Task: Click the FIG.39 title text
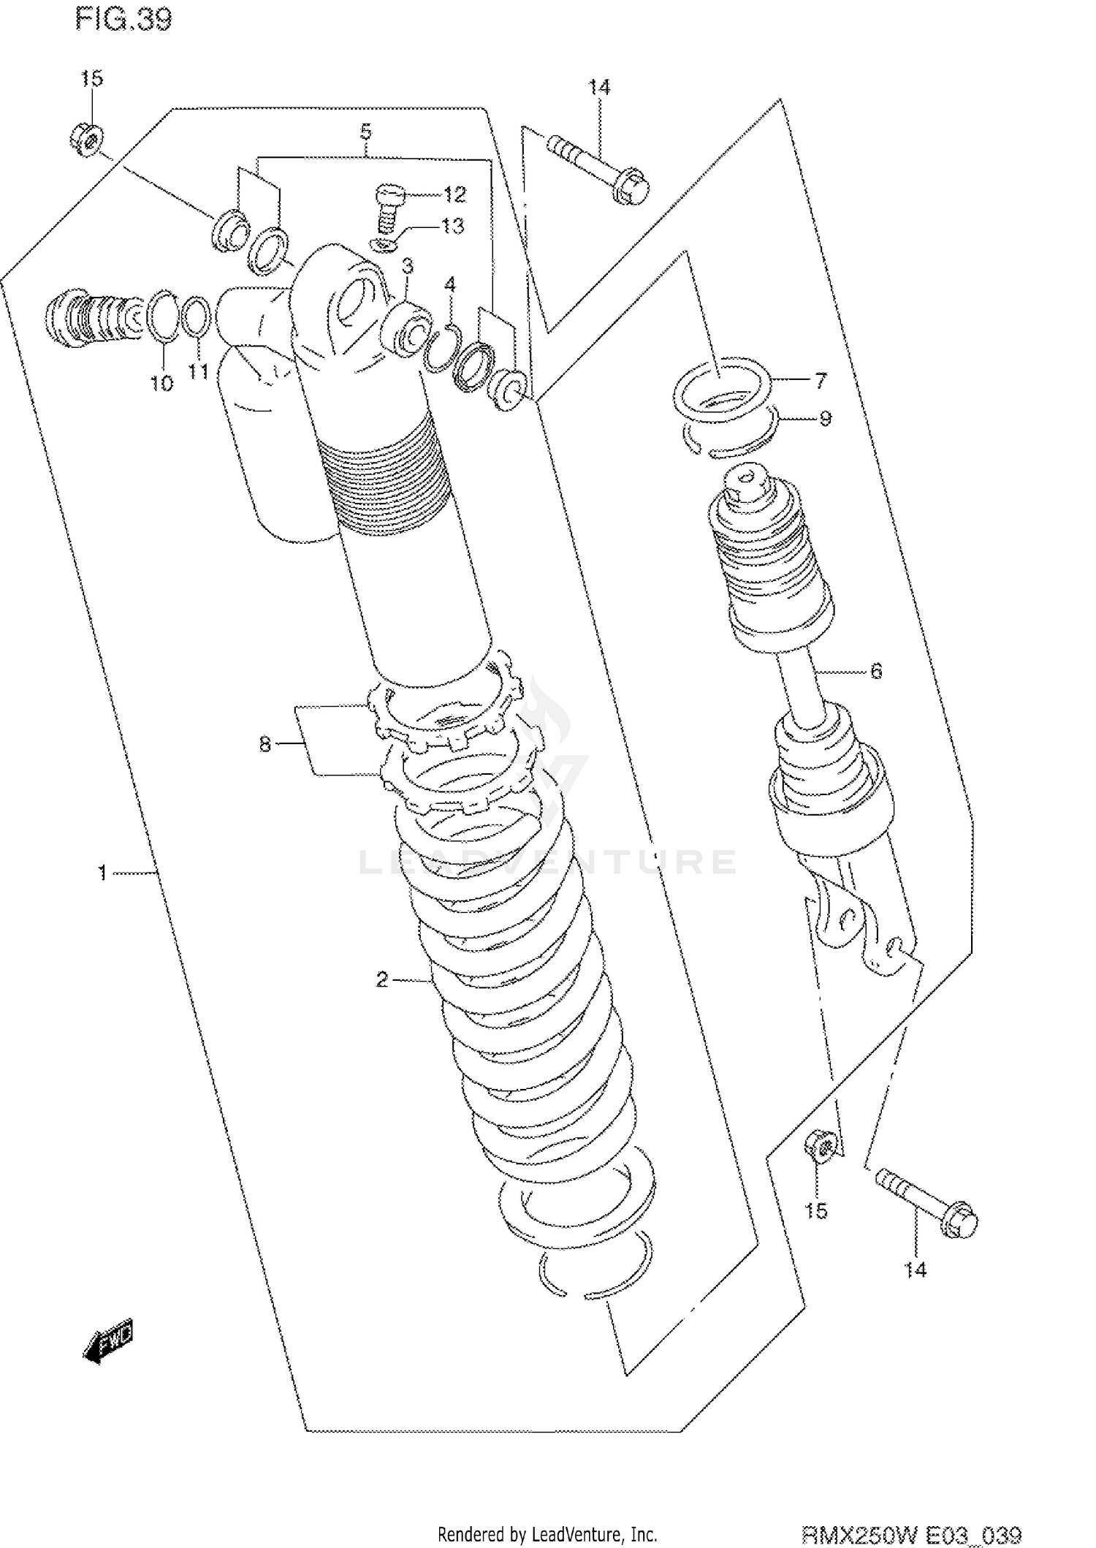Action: tap(123, 20)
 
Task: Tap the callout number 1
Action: tap(103, 872)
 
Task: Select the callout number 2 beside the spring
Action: tap(381, 979)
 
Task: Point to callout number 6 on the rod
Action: tap(876, 670)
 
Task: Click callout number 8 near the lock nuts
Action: tap(265, 744)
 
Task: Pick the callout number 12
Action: tap(454, 194)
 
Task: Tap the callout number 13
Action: tap(452, 226)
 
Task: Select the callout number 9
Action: tap(825, 419)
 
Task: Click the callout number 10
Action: tap(162, 382)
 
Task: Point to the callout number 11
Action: tap(198, 371)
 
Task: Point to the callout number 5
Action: tap(366, 132)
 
